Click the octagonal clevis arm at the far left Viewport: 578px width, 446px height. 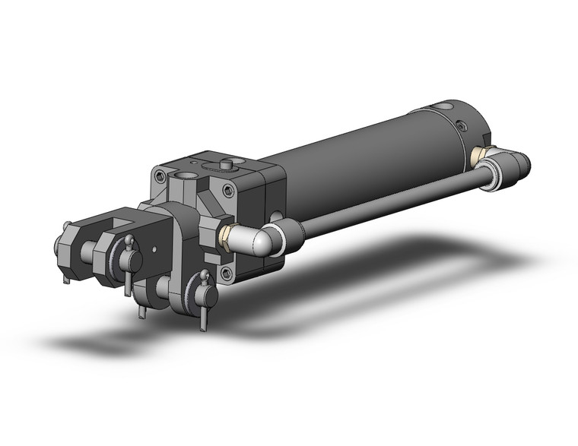click(x=65, y=247)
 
